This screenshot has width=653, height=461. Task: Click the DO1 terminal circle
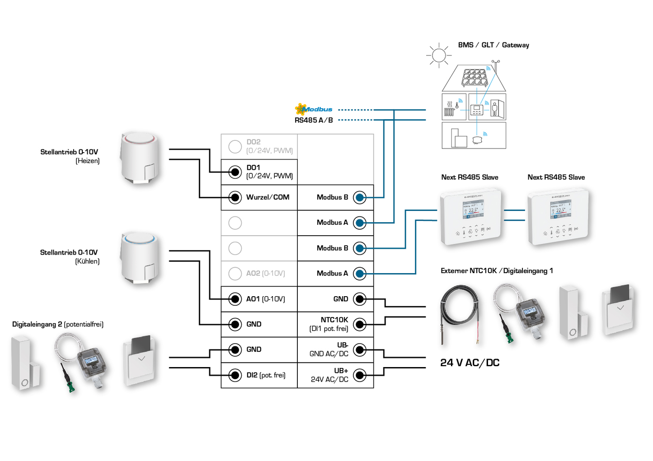coord(235,172)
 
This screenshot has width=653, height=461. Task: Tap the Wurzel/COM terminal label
coord(268,197)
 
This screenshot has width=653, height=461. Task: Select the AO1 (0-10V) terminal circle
coord(235,299)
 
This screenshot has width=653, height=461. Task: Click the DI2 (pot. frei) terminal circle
coord(235,375)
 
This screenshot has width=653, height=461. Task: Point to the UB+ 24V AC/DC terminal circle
coord(360,375)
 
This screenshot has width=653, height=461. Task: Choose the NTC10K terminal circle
coord(360,324)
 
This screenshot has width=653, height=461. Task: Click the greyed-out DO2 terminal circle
coord(235,146)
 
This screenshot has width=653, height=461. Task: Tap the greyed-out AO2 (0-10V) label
coord(266,274)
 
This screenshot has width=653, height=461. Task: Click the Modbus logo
coord(314,109)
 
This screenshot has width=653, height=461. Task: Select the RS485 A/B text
coord(314,121)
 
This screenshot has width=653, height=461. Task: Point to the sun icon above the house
coord(439,56)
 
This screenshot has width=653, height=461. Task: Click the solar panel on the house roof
coord(474,78)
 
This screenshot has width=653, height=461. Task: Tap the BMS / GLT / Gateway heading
coord(493,45)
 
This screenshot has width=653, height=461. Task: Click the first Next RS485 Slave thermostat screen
coord(473,210)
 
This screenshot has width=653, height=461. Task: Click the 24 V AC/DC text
coord(470,363)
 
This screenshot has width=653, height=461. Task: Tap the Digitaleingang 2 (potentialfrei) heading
coord(58,325)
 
